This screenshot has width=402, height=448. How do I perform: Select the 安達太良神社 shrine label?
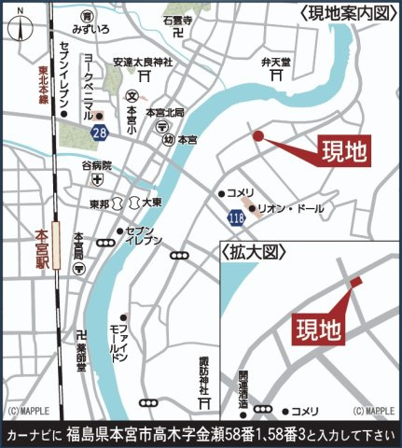pos(144,63)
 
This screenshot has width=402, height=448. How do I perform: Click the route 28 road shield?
pos(100,134)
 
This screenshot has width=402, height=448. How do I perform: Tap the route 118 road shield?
pos(235,217)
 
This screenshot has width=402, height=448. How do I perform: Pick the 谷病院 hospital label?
pos(96,165)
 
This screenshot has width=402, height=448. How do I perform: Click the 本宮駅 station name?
pos(41,246)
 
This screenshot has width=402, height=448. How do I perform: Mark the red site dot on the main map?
pos(259,135)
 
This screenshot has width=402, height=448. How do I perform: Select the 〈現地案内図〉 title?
pos(347,13)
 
